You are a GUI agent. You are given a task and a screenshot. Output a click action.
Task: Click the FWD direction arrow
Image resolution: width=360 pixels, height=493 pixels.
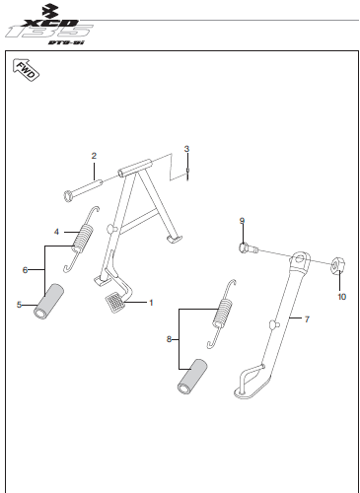point(26,70)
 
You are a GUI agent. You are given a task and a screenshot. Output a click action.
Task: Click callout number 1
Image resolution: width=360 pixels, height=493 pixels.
point(151,303)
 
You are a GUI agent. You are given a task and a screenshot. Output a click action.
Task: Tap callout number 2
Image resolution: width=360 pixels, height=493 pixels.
point(94,156)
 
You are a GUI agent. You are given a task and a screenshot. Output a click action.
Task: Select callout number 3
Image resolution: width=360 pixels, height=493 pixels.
point(186,149)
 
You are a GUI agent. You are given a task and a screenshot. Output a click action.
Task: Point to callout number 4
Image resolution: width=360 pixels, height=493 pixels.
point(56,232)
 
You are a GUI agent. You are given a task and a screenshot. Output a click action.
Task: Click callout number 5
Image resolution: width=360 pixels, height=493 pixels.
point(19,305)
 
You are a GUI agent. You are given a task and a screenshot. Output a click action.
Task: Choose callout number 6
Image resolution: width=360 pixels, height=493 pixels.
point(25,270)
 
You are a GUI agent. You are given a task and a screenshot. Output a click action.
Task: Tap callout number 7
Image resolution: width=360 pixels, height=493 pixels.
point(307,319)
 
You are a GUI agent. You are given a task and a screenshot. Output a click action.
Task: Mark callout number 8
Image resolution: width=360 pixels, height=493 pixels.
point(169,339)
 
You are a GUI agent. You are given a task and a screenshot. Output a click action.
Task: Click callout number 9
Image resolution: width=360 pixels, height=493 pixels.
point(242,221)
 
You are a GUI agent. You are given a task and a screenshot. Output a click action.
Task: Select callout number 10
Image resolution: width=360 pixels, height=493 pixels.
point(342,297)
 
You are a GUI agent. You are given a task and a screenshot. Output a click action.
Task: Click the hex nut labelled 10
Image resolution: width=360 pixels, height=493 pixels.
point(337,265)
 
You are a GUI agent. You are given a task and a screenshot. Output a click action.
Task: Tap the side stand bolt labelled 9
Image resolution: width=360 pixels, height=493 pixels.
point(248,248)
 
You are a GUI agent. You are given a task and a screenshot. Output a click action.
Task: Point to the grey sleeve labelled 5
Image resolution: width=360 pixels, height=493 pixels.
point(48,302)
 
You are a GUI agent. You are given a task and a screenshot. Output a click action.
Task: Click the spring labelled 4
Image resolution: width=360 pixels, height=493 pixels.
point(81,239)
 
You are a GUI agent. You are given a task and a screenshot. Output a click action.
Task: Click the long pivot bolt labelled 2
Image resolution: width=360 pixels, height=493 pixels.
point(83,190)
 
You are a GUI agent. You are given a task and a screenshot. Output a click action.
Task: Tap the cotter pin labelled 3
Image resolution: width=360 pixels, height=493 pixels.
point(187,174)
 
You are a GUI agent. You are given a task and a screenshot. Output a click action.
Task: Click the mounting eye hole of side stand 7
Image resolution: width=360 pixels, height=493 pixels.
point(300,258)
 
